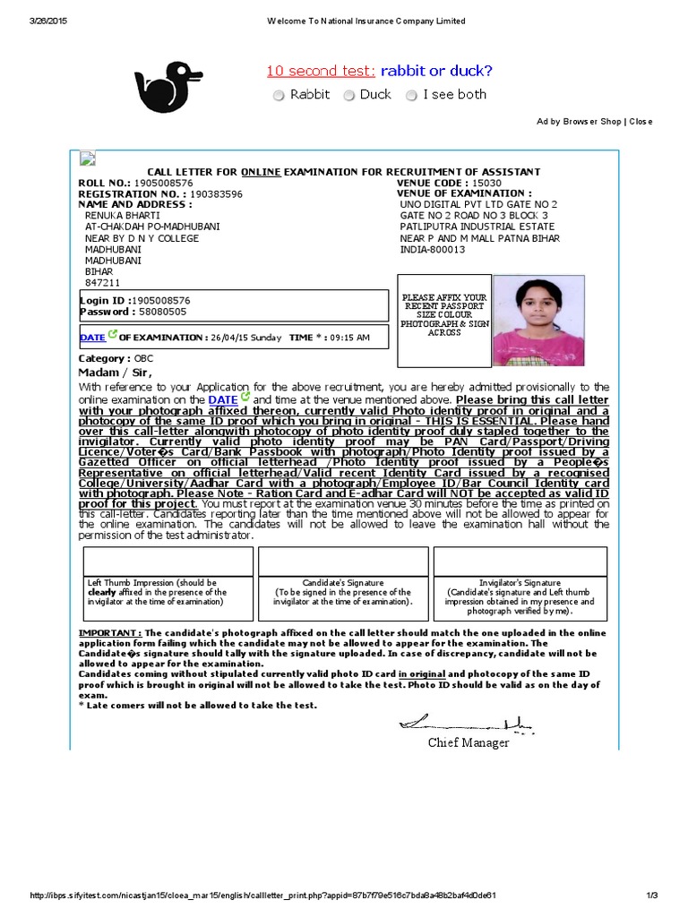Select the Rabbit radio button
(x=279, y=95)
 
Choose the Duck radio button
(x=350, y=95)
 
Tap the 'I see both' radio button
(x=412, y=95)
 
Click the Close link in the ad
(x=641, y=121)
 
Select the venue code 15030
(x=487, y=183)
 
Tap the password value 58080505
(x=162, y=312)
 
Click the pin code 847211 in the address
(x=102, y=282)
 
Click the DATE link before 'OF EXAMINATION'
(x=92, y=338)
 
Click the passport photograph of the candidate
(x=538, y=321)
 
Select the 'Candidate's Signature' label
(x=343, y=583)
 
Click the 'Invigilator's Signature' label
(x=520, y=583)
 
